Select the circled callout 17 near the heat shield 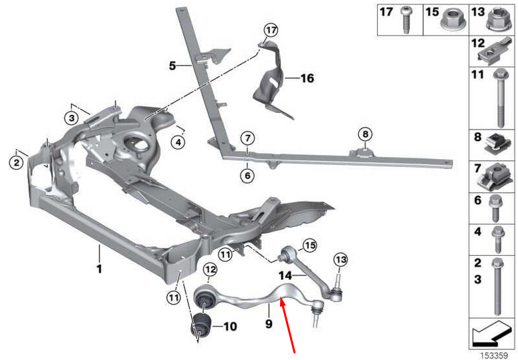point(269,30)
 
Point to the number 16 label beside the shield point(306,78)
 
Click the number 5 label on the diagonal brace point(172,65)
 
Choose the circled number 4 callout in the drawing point(178,141)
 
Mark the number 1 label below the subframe point(99,269)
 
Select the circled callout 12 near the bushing point(210,270)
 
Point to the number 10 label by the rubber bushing point(229,327)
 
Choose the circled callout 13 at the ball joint point(341,259)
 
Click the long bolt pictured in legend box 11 point(498,100)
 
